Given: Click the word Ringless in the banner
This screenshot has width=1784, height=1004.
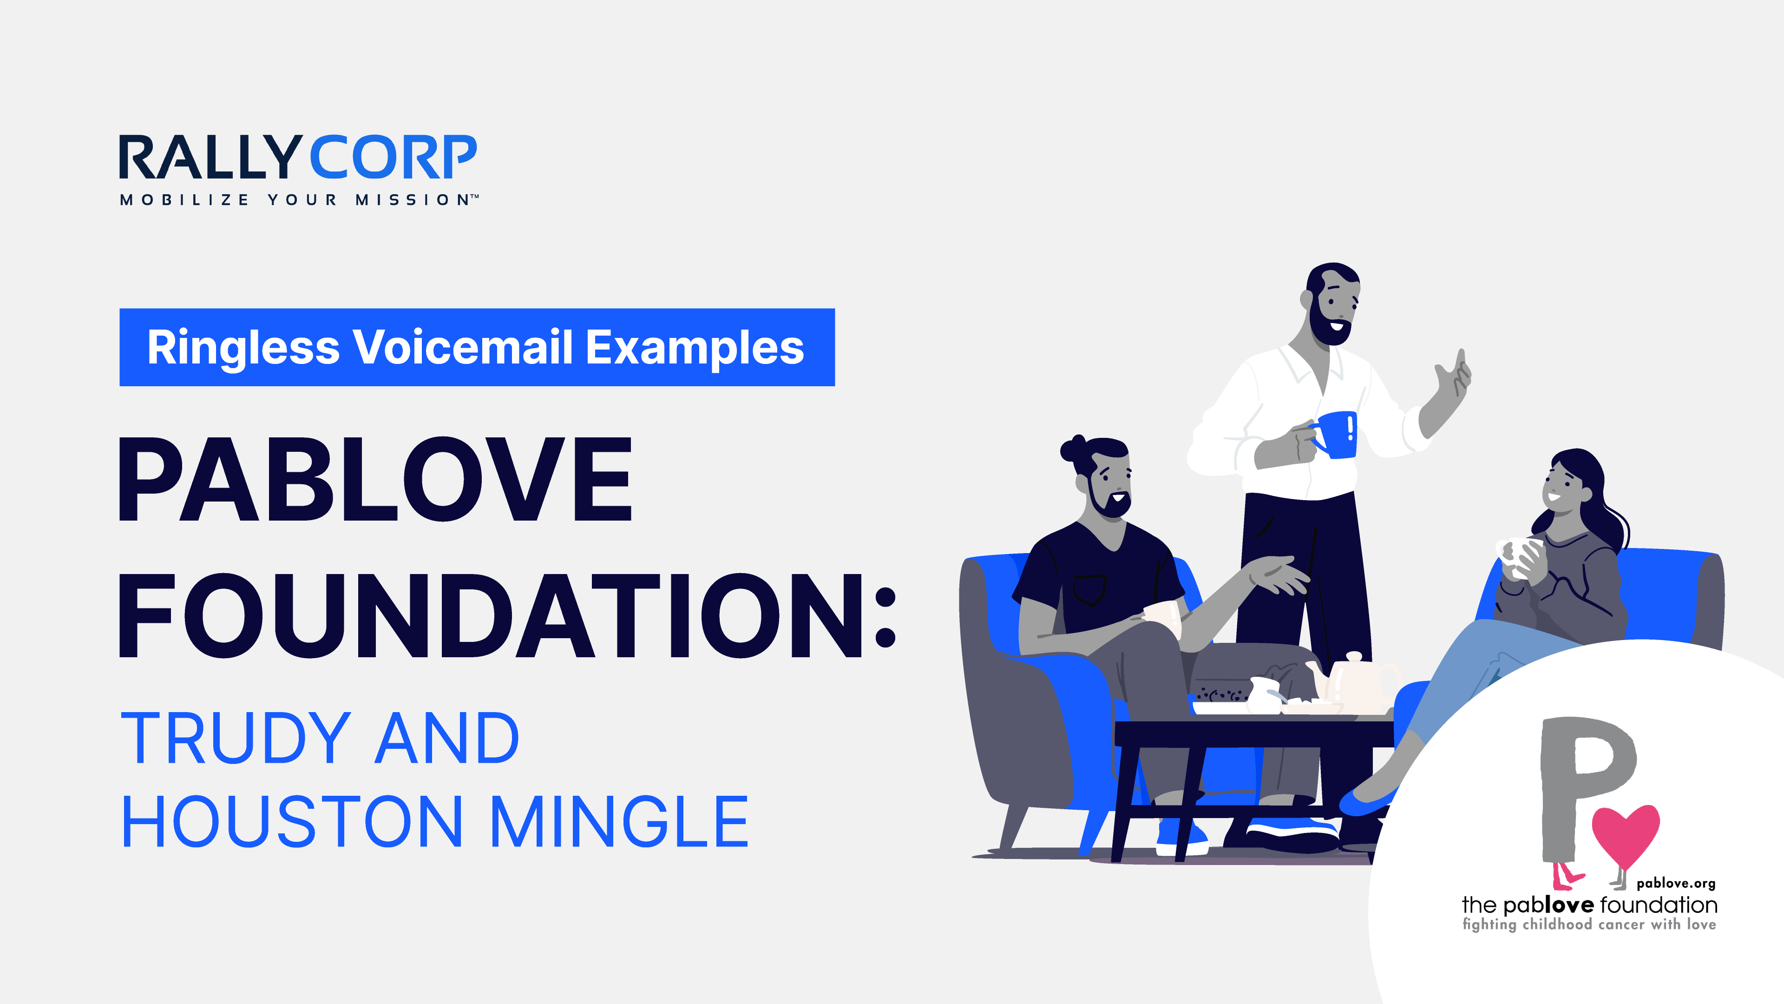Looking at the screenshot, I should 243,347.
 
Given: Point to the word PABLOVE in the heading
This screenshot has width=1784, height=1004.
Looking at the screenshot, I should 374,480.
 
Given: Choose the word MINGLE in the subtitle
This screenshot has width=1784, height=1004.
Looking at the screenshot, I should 619,822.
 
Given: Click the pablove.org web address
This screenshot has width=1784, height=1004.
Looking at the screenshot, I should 1675,884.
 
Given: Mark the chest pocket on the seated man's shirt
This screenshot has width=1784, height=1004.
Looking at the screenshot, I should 1089,589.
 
